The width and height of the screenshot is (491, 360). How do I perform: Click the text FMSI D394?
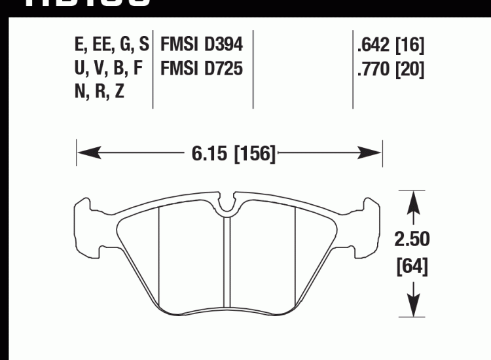(202, 45)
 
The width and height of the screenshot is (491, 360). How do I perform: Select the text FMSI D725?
(202, 67)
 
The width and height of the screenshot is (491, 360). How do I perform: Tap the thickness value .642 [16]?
(391, 46)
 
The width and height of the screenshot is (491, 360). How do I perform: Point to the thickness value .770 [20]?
(391, 68)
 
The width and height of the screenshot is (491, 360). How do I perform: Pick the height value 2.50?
(412, 240)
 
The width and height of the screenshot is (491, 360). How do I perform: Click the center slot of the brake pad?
(226, 262)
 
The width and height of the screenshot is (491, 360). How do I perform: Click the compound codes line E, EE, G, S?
(112, 45)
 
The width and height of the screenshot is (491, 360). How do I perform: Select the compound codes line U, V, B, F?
(109, 68)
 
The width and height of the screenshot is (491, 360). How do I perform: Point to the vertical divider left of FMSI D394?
(153, 69)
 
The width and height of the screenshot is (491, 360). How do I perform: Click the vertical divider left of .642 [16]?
(353, 69)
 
